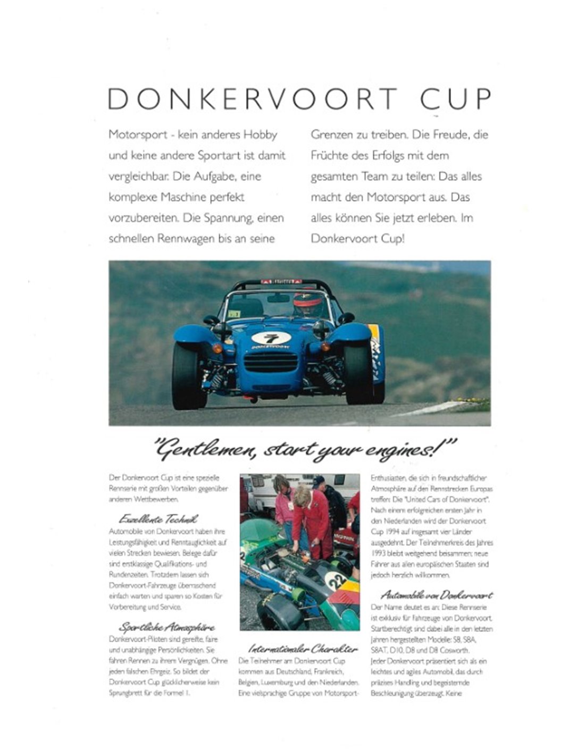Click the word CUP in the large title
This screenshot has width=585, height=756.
tap(455, 99)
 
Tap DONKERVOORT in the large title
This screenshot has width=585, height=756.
tap(253, 99)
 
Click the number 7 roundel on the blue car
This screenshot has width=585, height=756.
tap(271, 338)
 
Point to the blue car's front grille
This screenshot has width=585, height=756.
tap(270, 362)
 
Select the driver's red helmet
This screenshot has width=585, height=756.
tap(305, 301)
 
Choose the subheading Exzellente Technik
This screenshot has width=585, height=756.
tap(158, 519)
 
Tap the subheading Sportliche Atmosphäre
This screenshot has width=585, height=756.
tap(166, 627)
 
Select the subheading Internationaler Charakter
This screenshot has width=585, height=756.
tap(303, 649)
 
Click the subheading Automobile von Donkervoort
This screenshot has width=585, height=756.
tap(436, 595)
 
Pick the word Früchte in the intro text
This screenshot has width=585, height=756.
tap(330, 156)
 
